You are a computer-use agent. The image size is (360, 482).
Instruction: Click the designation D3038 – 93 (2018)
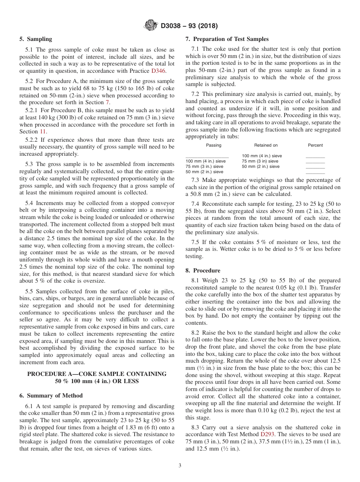189,26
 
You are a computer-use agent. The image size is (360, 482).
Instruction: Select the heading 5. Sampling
36,39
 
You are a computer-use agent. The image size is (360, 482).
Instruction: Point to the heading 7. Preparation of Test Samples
227,39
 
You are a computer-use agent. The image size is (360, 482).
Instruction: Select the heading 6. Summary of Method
51,396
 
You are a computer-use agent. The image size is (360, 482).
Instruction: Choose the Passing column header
214,145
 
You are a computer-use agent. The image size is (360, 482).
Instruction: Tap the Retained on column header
266,145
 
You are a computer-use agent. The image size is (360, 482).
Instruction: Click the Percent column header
315,145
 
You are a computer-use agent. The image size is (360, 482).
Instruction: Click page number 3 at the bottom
180,466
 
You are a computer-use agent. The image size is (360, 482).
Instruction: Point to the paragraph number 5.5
29,291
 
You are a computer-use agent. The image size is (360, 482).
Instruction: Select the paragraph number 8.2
195,333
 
